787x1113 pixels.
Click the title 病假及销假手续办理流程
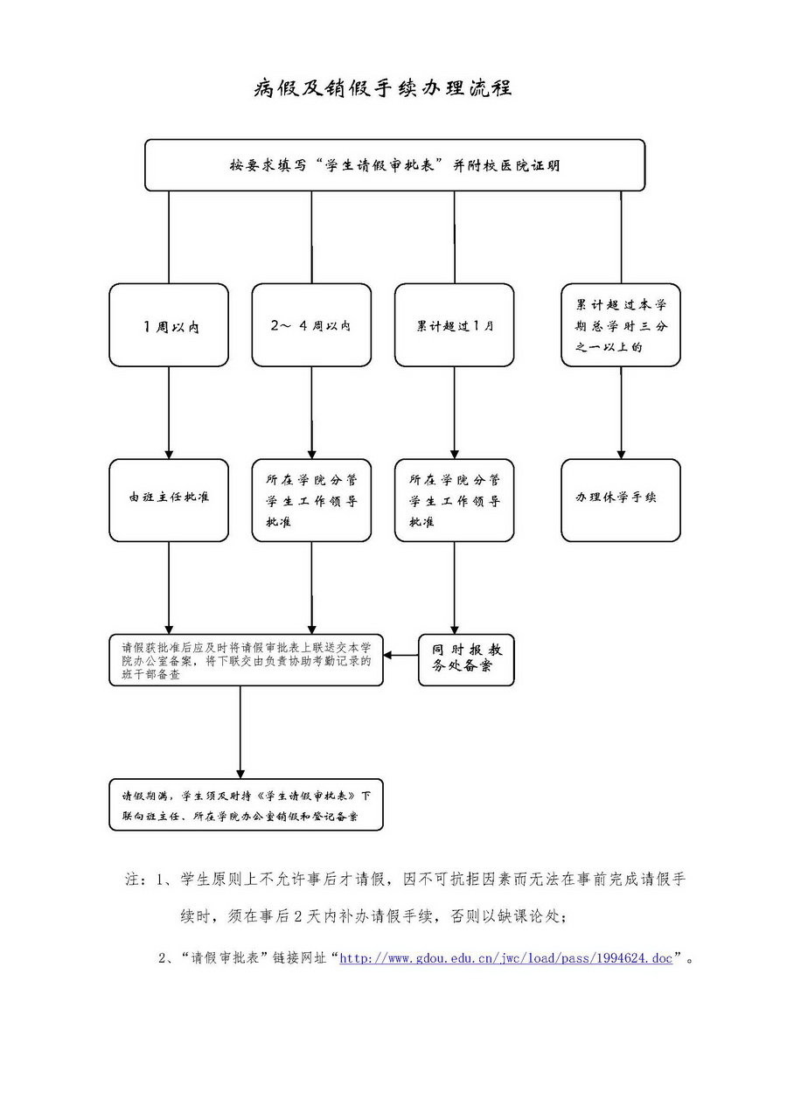[x=382, y=88]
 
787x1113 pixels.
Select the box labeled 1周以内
[x=169, y=325]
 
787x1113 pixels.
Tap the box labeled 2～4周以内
[x=310, y=325]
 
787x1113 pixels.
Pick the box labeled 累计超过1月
[x=454, y=325]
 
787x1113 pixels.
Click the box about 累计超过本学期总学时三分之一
[x=621, y=325]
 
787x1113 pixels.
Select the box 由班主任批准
[x=169, y=499]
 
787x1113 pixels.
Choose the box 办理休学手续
[x=621, y=499]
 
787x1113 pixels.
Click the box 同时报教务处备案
[x=466, y=660]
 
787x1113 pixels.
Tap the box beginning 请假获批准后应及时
[x=246, y=660]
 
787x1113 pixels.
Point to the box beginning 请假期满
[x=246, y=804]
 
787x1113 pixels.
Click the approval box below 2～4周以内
[x=310, y=499]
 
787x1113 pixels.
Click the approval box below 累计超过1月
[x=454, y=499]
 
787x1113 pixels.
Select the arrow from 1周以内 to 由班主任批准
[x=169, y=411]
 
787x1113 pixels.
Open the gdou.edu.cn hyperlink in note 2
[x=505, y=958]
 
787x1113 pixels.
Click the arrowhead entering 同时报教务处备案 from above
[x=454, y=629]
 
